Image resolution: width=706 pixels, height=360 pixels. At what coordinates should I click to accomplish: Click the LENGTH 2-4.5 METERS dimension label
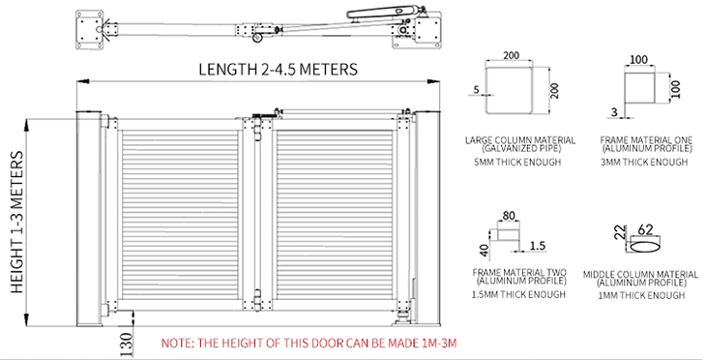279,70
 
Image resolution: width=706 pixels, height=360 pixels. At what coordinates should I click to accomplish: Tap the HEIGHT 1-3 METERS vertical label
16,223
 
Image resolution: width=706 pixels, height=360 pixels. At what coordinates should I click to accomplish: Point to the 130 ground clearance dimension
127,345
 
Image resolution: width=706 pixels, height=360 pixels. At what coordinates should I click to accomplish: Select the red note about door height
309,343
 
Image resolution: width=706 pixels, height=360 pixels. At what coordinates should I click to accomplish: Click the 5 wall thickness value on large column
477,90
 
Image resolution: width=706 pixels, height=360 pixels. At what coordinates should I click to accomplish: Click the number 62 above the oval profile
645,229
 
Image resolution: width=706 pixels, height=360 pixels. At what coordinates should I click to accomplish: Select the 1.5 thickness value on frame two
537,246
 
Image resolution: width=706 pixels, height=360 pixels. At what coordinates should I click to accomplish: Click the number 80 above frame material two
509,216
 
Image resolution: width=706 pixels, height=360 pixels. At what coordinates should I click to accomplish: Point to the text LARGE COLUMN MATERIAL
520,140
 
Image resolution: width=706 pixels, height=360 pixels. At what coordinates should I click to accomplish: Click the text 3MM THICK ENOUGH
644,162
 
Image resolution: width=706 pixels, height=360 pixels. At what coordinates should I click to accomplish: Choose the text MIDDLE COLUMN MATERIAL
640,275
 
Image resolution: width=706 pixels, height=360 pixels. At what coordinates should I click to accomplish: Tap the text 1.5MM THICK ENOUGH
518,294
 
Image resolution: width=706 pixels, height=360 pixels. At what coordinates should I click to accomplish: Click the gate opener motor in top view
386,12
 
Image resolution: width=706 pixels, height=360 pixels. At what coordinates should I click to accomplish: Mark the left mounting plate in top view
89,30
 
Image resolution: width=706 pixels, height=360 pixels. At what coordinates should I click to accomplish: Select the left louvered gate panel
180,215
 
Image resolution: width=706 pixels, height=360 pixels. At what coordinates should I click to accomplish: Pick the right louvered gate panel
335,215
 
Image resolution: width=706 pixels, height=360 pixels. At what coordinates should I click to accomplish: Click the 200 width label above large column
511,55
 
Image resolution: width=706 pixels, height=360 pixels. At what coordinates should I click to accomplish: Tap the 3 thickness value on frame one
614,111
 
